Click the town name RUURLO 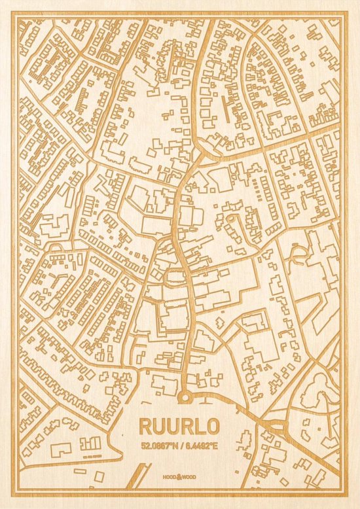click(181, 425)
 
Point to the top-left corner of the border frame click(14, 14)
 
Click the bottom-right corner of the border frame click(346, 495)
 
